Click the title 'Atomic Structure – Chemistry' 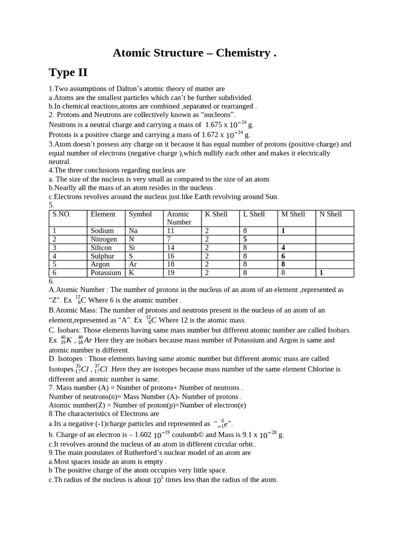[194, 53]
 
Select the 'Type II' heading [68, 72]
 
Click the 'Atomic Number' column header [178, 218]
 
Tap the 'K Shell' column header [216, 214]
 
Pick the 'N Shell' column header [331, 214]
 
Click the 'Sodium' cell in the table [102, 231]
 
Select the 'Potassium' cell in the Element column [105, 273]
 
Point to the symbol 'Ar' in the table [133, 264]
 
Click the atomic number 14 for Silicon [171, 247]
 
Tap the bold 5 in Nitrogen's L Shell [245, 239]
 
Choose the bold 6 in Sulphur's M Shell [283, 256]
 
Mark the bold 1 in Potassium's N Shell [321, 273]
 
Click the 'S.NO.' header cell [61, 214]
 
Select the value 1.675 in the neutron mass [214, 125]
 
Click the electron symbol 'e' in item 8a [226, 423]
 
